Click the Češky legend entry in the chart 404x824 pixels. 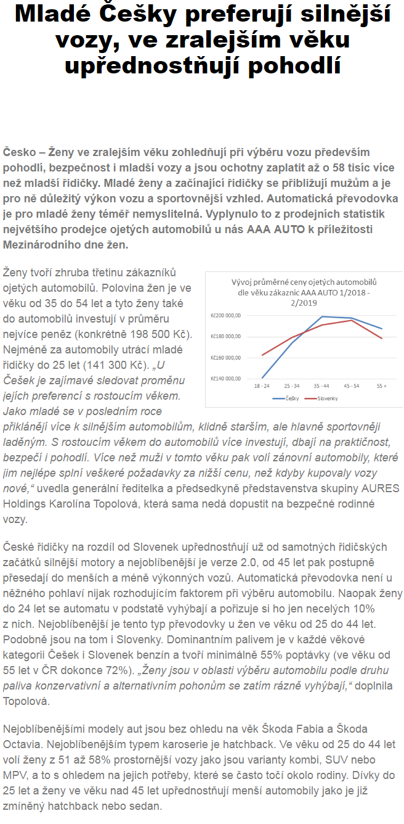click(288, 398)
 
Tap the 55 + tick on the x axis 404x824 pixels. click(381, 384)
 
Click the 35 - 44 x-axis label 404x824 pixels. click(321, 384)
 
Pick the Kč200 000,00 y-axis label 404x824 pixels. click(225, 315)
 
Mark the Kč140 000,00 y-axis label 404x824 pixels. click(225, 378)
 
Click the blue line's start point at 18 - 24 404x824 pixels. click(262, 377)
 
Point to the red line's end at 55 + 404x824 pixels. click(382, 338)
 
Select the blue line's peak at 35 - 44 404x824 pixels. click(322, 316)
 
